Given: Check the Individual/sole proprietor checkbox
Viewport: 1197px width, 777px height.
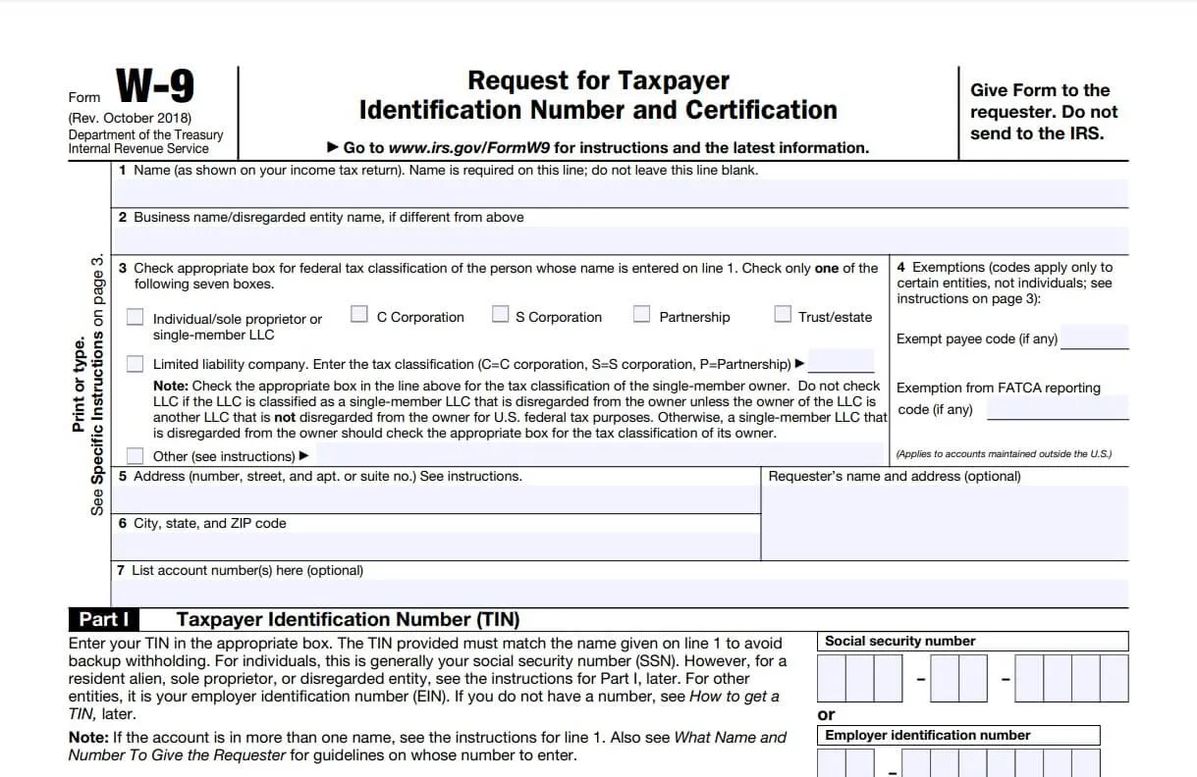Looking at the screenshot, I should pos(135,318).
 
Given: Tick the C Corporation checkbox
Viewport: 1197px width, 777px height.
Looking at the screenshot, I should pos(359,315).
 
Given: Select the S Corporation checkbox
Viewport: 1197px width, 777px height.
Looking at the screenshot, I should pos(501,315).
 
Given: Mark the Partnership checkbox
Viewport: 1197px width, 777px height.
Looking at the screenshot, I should pos(641,315).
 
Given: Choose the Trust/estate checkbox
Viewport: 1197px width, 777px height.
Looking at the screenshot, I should pos(783,315).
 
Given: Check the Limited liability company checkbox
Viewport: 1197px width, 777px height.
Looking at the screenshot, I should pos(135,364).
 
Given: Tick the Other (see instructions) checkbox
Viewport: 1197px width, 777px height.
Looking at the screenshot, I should pos(135,456).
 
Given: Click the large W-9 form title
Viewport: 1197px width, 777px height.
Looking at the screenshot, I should pos(155,87).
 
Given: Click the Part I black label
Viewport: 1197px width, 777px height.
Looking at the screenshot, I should pos(103,620).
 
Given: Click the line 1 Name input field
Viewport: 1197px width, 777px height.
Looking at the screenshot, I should pos(619,193).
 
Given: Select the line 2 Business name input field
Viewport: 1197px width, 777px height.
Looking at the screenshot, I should pos(619,240).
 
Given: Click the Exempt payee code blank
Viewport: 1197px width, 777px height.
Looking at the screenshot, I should pos(1094,338).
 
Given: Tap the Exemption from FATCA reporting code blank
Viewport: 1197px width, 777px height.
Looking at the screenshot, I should pos(1057,409).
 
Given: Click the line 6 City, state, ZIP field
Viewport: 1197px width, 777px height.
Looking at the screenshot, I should pos(436,546).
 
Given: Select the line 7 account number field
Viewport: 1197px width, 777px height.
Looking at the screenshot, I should pos(619,594).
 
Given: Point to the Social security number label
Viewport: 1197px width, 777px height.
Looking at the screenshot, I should pos(900,642).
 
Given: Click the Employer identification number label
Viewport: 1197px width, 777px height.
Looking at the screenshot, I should pos(927,736).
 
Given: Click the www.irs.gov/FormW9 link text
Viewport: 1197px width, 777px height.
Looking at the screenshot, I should pos(468,148).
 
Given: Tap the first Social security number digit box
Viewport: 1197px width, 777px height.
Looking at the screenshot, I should pos(831,678).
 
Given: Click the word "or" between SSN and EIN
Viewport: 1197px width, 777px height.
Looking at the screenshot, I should pos(826,714).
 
